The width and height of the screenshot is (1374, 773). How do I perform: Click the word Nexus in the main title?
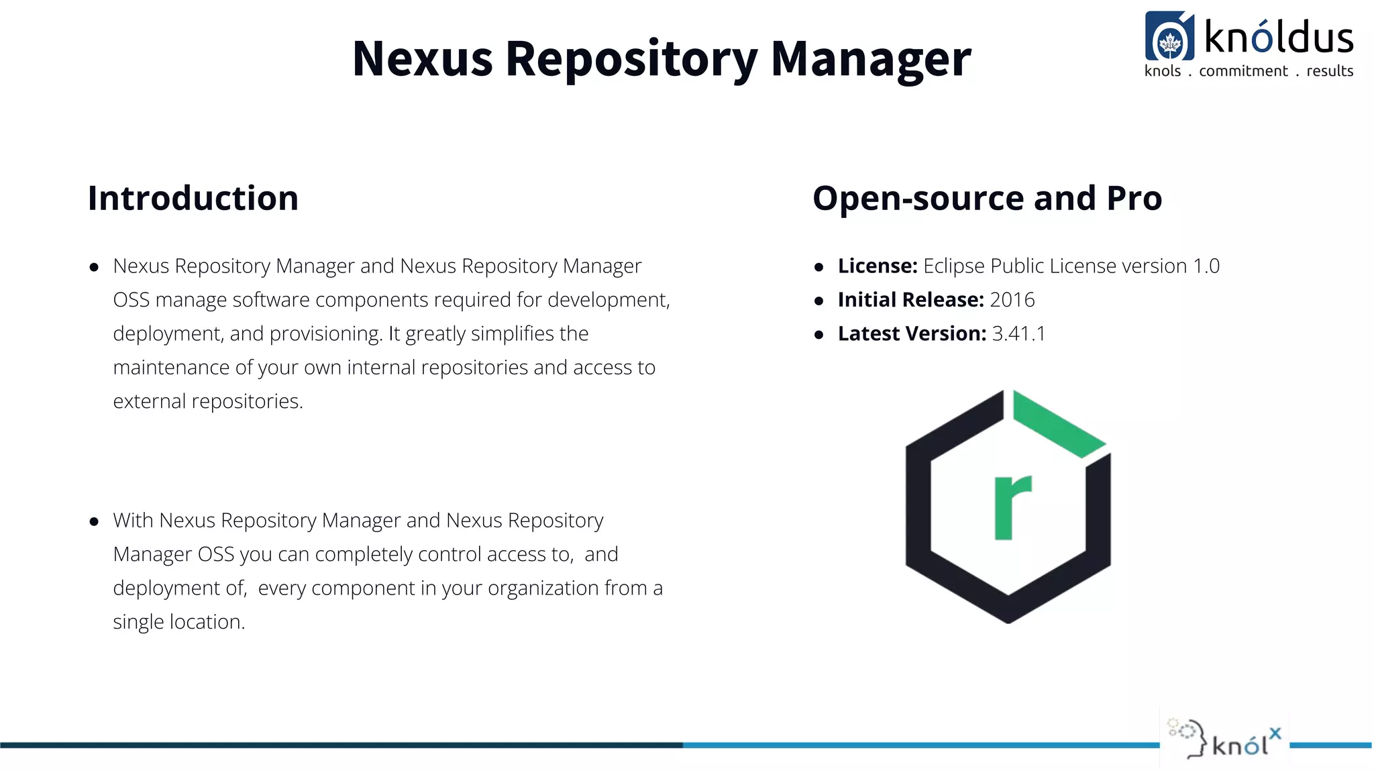coord(423,59)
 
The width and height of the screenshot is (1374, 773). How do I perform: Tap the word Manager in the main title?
coord(870,59)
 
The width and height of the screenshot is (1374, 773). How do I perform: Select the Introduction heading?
coord(193,199)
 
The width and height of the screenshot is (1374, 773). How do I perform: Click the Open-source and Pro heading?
coord(987,199)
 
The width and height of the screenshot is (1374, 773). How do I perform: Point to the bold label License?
coord(878,266)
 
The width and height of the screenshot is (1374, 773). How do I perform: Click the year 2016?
coord(1012,300)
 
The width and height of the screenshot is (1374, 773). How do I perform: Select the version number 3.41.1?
coord(1018,333)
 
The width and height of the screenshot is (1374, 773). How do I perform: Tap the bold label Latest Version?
coord(912,333)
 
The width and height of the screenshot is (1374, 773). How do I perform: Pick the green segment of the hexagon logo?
coord(1058,424)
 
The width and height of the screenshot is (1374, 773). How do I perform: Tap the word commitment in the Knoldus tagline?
coord(1243,71)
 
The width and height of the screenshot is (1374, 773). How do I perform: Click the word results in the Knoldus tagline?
coord(1330,71)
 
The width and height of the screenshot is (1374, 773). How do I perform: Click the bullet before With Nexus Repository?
coord(94,521)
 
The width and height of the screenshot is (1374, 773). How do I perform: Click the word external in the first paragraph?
coord(149,401)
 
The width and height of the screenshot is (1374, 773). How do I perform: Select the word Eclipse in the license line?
coord(953,266)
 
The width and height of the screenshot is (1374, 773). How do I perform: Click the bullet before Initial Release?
coord(818,301)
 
